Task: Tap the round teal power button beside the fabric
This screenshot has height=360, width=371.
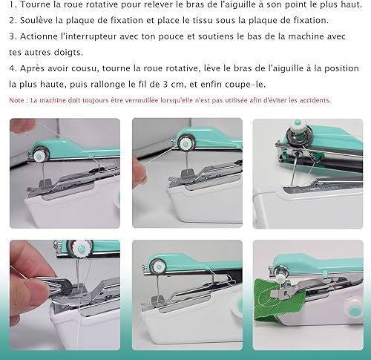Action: click(355, 310)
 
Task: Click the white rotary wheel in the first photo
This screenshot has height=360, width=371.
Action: click(39, 157)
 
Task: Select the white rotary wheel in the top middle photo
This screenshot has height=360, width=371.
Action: click(185, 144)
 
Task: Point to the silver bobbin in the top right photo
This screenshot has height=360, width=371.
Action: click(296, 136)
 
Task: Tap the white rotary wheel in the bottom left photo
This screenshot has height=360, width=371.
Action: click(80, 248)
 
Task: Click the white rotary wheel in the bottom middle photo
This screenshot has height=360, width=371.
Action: click(157, 267)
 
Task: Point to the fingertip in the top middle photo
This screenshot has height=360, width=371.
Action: click(139, 171)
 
